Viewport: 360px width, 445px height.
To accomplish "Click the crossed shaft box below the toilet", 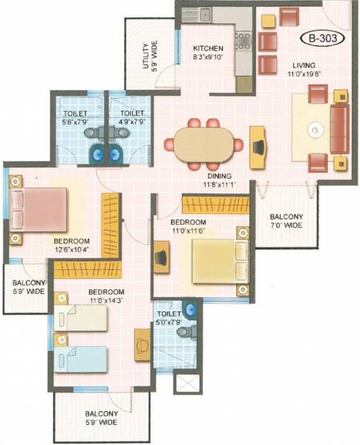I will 186,384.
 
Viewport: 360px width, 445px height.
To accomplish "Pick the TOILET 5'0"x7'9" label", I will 169,318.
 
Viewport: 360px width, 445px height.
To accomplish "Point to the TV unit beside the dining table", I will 258,142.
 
